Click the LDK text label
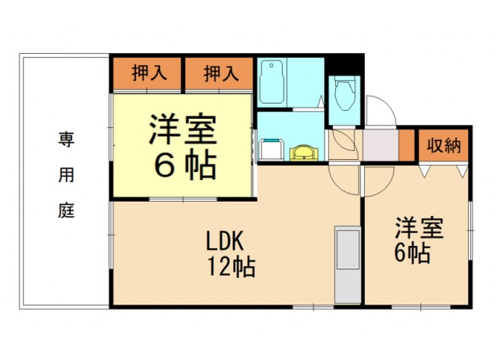229,240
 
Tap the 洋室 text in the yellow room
184,131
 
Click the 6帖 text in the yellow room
184,166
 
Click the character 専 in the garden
64,137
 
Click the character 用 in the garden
64,174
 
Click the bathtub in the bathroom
273,81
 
